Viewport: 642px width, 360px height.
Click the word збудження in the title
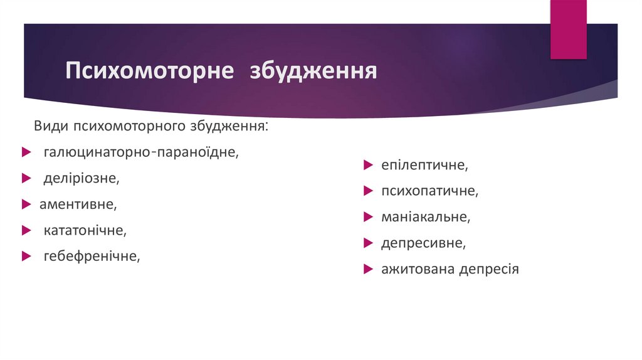(x=313, y=70)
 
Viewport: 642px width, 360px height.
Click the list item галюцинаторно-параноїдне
(x=141, y=152)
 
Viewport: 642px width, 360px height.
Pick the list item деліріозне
(x=81, y=178)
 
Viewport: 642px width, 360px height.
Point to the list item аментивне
(x=78, y=204)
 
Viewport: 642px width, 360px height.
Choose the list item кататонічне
(x=85, y=230)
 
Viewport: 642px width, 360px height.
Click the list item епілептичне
(x=424, y=166)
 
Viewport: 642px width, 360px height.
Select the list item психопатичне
(x=429, y=191)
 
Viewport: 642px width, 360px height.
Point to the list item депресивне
(x=423, y=243)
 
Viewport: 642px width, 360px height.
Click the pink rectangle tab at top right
(x=568, y=29)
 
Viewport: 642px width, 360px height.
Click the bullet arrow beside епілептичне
(x=367, y=166)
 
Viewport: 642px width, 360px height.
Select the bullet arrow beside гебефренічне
(x=25, y=256)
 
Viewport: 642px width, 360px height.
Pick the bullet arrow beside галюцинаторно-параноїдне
(x=25, y=152)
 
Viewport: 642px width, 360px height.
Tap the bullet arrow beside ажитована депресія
(x=367, y=269)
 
